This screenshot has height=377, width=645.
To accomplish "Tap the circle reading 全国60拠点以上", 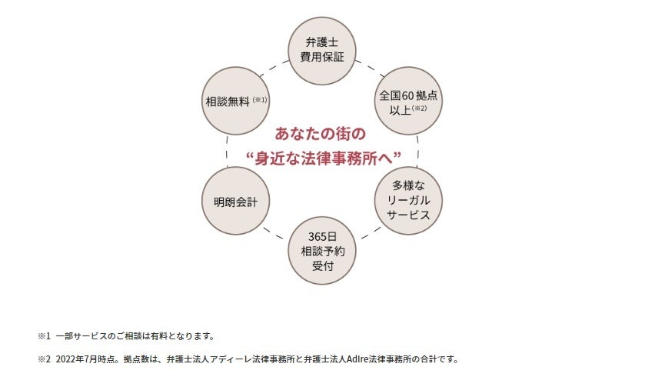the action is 407,101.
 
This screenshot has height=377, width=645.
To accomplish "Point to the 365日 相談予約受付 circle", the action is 322,252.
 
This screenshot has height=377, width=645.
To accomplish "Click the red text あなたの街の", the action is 321,134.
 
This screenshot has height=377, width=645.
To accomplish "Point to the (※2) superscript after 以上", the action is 419,109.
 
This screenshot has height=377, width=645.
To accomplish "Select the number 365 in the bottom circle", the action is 316,237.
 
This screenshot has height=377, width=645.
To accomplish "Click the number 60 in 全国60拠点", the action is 406,95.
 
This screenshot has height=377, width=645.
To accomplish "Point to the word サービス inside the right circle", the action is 408,215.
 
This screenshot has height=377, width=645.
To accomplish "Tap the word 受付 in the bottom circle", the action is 322,266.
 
